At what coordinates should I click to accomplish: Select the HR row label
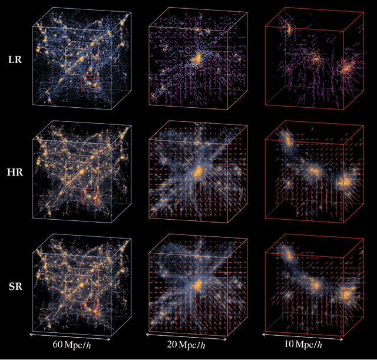(x=15, y=176)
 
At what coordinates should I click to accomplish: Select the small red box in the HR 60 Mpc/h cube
(x=88, y=199)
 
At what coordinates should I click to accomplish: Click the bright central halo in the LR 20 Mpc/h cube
(x=197, y=57)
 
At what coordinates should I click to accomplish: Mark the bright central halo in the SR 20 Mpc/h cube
(x=197, y=284)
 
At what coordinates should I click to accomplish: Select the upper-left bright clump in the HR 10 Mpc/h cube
(x=288, y=140)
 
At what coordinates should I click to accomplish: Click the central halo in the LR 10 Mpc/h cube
(x=315, y=58)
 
